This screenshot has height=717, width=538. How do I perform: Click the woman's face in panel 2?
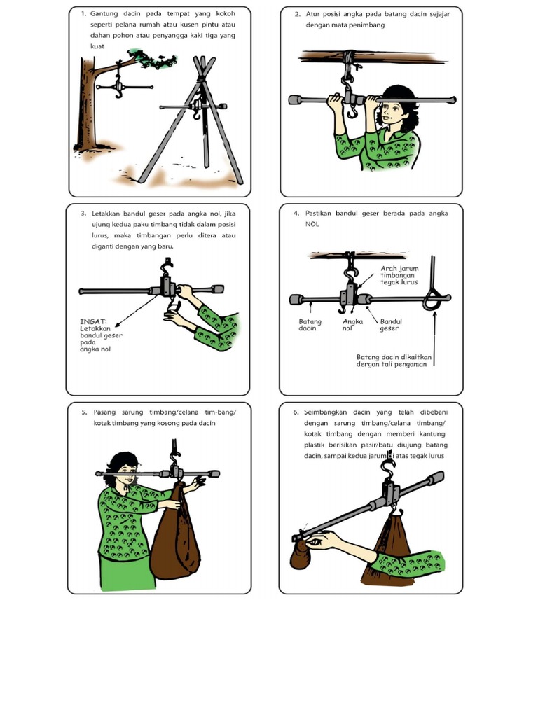pyautogui.click(x=388, y=113)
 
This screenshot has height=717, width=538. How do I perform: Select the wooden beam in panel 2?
pyautogui.click(x=371, y=57)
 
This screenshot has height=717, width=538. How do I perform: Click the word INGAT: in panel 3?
pyautogui.click(x=93, y=321)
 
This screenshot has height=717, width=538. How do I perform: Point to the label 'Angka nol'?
pyautogui.click(x=352, y=325)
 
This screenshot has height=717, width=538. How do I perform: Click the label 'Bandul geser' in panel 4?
pyautogui.click(x=391, y=325)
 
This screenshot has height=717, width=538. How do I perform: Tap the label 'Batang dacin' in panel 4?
pyautogui.click(x=310, y=325)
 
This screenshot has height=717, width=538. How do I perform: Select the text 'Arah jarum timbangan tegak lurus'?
pyautogui.click(x=399, y=275)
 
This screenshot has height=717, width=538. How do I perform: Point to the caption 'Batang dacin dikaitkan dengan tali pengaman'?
pyautogui.click(x=394, y=361)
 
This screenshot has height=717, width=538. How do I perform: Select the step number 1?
pyautogui.click(x=83, y=14)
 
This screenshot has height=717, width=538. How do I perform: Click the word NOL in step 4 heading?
pyautogui.click(x=312, y=224)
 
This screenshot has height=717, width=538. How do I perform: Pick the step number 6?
pyautogui.click(x=296, y=412)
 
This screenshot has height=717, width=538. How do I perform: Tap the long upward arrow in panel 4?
pyautogui.click(x=434, y=339)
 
